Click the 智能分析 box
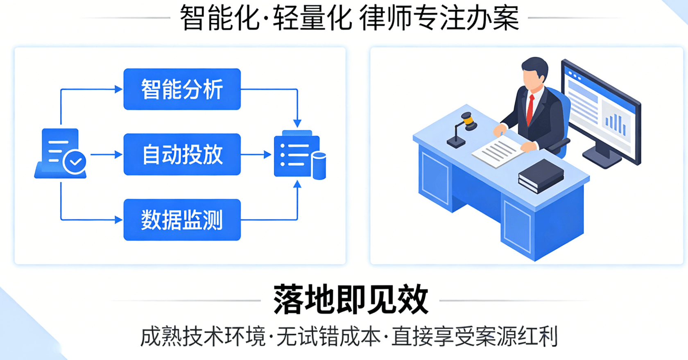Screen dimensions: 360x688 click(182, 89)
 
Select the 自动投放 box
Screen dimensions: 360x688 click(182, 154)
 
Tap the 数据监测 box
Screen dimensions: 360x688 click(182, 220)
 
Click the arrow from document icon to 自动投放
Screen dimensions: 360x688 click(106, 154)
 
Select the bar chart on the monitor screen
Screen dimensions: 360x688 click(616, 122)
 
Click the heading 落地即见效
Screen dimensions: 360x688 click(351, 300)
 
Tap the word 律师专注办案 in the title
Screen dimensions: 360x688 click(439, 18)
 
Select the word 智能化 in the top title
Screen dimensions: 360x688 click(219, 18)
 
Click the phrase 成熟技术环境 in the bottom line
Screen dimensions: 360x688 click(203, 337)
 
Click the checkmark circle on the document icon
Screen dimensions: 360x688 click(75, 162)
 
